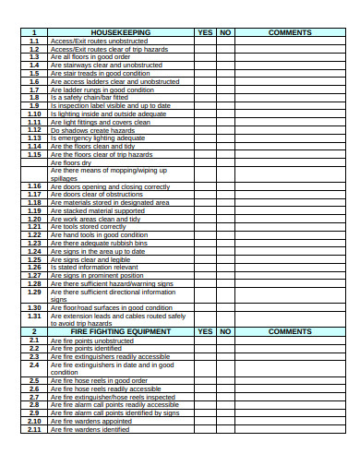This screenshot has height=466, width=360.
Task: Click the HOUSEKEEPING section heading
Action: [x=121, y=32]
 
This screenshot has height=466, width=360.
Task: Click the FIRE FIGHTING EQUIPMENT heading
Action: [x=121, y=331]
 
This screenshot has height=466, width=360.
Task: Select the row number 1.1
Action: [x=34, y=41]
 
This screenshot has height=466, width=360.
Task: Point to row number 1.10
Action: [x=34, y=114]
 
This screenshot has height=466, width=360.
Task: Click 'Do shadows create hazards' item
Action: [x=94, y=130]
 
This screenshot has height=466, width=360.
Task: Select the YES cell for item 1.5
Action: [x=205, y=73]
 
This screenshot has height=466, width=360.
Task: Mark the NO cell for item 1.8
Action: [x=225, y=97]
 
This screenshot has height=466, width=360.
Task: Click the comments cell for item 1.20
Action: [x=290, y=219]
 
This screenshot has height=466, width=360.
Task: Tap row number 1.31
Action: [x=34, y=316]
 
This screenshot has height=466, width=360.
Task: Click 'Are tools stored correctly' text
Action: [x=89, y=226]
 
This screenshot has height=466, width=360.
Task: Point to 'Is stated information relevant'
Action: [x=95, y=267]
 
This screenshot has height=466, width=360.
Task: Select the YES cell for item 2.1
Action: [x=205, y=340]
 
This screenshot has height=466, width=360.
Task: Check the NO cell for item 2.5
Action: [x=225, y=380]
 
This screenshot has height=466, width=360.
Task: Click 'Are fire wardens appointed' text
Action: [x=91, y=421]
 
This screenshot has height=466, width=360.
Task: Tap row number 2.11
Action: [x=34, y=429]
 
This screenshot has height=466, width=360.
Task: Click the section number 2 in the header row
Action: [x=34, y=331]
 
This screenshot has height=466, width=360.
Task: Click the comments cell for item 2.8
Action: [x=290, y=404]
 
